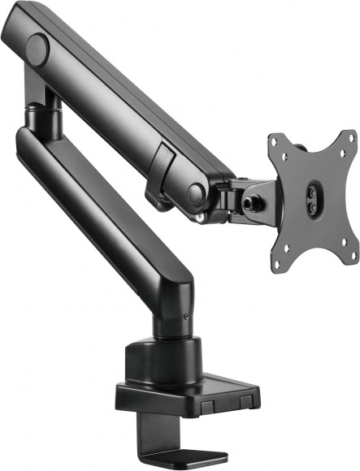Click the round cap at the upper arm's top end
[x=37, y=49]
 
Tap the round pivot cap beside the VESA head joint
[x=197, y=193]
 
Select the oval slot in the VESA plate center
[x=312, y=199]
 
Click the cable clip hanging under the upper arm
[x=162, y=175]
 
